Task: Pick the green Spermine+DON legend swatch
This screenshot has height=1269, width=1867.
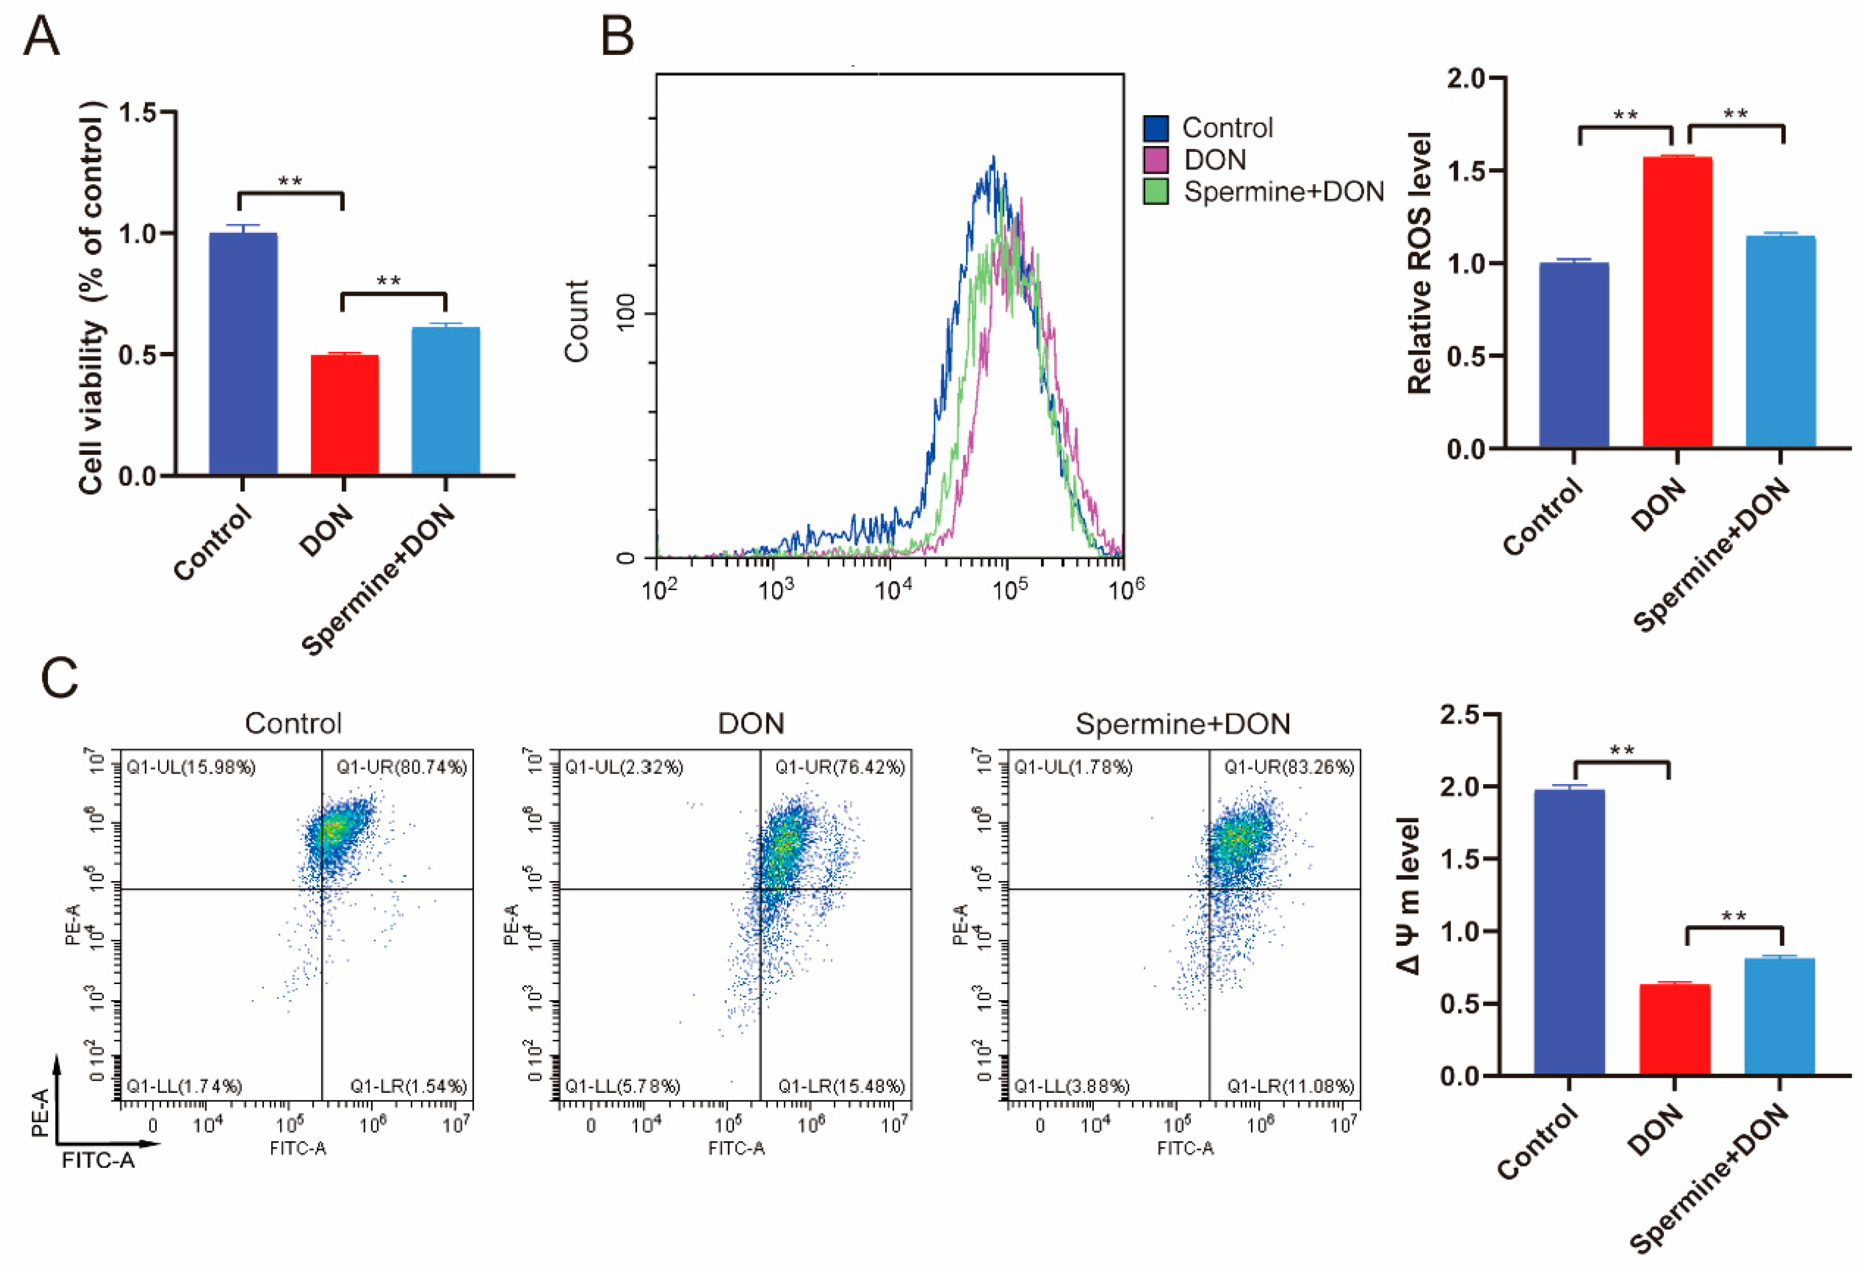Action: pos(1155,191)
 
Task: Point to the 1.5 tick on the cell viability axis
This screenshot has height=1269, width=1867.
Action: pos(138,113)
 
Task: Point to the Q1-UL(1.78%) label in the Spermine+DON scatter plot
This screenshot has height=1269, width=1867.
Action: pos(1073,767)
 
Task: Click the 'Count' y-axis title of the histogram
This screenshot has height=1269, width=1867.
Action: pos(577,322)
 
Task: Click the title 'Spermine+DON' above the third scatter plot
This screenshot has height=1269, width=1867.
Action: pos(1183,724)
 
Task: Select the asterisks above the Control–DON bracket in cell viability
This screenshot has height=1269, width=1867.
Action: pos(290,182)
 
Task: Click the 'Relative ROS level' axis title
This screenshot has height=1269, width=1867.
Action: pos(1420,263)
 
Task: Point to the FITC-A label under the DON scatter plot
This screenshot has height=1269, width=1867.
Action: pos(736,1148)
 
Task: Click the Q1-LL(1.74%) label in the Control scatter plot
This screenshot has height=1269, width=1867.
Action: pos(184,1086)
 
